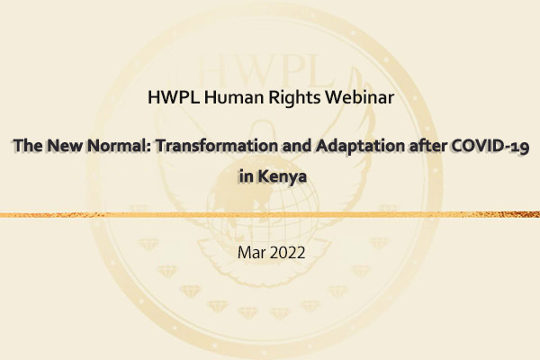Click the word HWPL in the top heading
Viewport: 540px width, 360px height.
(x=173, y=97)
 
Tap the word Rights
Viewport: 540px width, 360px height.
(x=294, y=98)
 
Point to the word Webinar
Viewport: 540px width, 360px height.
(x=360, y=97)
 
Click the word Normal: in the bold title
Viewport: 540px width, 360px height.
(x=119, y=146)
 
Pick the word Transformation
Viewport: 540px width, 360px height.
(x=217, y=146)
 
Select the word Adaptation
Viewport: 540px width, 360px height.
(x=361, y=146)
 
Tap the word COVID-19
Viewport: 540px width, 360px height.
(x=490, y=146)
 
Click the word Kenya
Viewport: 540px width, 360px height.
(x=282, y=177)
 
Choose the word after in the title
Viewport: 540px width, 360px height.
(x=428, y=146)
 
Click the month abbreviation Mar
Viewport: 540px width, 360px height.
(x=251, y=253)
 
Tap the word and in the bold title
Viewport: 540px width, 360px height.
(x=297, y=146)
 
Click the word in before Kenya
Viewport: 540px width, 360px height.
(x=247, y=176)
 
